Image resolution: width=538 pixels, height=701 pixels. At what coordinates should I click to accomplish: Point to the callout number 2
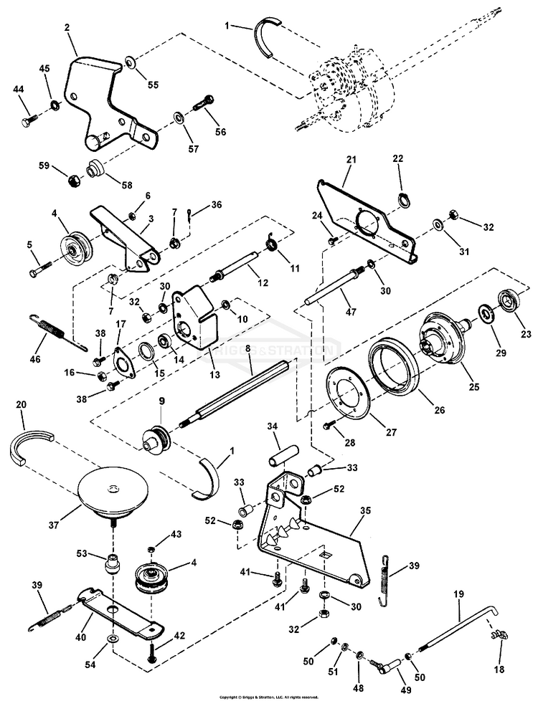click(67, 29)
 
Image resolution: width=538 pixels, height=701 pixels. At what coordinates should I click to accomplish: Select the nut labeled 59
click(73, 180)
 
